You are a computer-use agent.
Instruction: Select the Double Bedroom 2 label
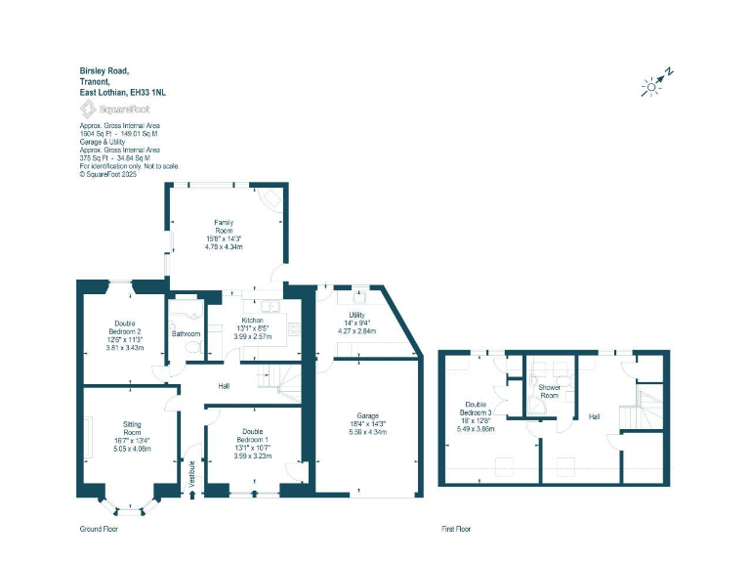click(x=124, y=327)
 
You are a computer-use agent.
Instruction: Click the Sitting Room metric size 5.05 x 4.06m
click(x=132, y=451)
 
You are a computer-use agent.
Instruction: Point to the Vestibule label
click(x=192, y=472)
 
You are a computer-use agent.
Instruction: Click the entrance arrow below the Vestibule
click(x=192, y=496)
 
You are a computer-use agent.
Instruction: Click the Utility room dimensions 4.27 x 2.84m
click(x=356, y=329)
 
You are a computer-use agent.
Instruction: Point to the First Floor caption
click(x=454, y=529)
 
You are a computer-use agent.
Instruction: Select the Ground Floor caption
click(x=99, y=529)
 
